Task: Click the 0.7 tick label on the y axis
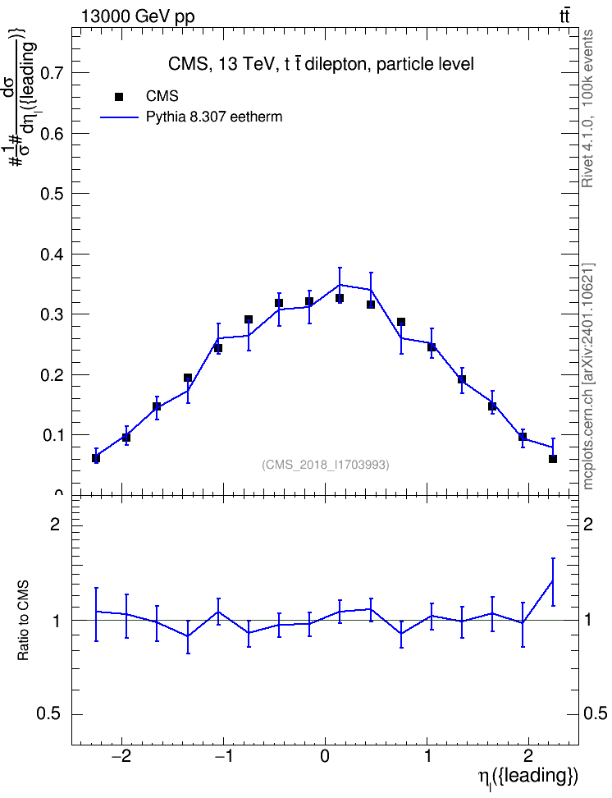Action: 51,73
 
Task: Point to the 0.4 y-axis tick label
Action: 51,254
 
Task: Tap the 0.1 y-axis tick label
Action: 51,435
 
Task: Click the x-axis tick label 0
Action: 325,755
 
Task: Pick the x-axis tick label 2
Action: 528,755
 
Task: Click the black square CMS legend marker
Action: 119,96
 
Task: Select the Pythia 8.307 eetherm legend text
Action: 213,117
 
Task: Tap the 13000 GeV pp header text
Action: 137,16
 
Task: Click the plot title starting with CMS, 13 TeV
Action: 321,64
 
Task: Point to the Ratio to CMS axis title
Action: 23,621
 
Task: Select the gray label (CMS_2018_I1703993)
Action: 326,465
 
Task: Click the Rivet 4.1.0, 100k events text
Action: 587,108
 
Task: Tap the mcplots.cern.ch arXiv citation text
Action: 588,377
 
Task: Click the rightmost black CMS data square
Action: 553,459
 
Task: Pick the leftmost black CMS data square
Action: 96,458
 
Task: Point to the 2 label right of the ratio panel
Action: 588,525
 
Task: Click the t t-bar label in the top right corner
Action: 564,16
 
